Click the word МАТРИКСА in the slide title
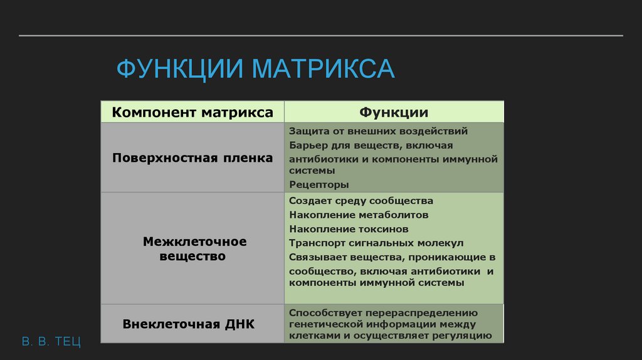(x=324, y=68)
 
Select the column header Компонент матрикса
(x=192, y=113)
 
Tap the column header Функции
(x=394, y=113)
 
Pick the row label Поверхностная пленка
(x=192, y=158)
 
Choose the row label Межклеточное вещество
(x=194, y=248)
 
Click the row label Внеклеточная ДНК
(x=189, y=324)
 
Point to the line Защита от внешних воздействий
(x=379, y=132)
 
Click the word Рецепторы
(x=319, y=184)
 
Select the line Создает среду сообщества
(x=361, y=201)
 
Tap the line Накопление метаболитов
(x=359, y=214)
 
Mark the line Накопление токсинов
(x=349, y=229)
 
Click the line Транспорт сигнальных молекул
(x=376, y=243)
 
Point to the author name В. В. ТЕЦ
(x=51, y=342)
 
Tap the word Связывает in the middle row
(x=316, y=257)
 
